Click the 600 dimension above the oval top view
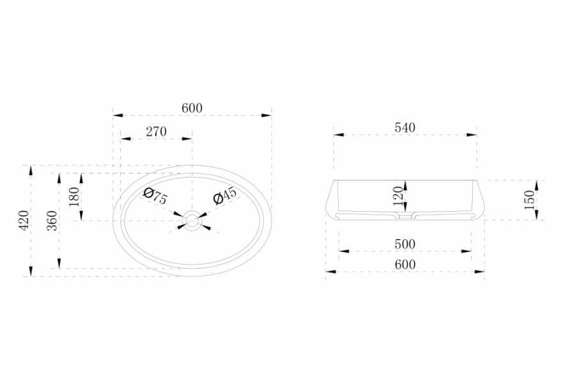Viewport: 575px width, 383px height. (x=192, y=108)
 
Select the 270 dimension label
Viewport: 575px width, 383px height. (x=157, y=131)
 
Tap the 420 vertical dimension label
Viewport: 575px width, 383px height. (x=24, y=220)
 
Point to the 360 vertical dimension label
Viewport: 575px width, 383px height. (x=52, y=220)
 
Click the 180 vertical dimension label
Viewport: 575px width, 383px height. (x=73, y=197)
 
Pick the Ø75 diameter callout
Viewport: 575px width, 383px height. (x=155, y=196)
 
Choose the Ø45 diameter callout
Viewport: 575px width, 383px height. (x=225, y=195)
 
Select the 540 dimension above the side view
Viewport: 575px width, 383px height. (x=405, y=127)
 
